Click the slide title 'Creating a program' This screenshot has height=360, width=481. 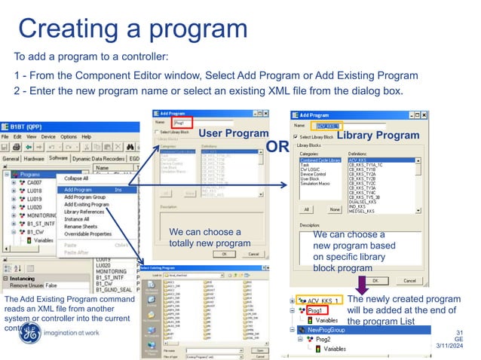click(133, 28)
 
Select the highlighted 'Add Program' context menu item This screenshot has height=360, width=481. click(78, 190)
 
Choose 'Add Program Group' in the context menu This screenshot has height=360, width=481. click(85, 197)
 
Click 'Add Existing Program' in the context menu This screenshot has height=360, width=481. click(86, 205)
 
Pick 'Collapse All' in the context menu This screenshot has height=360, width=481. click(75, 178)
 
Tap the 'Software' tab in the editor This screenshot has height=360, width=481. click(58, 159)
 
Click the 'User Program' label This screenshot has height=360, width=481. click(233, 133)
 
